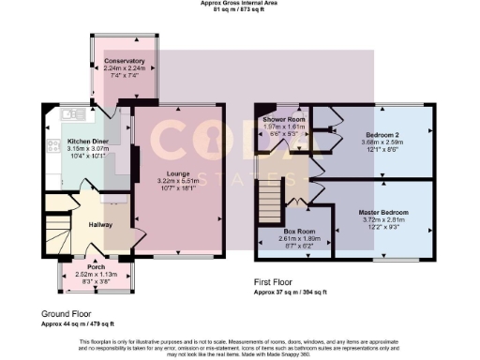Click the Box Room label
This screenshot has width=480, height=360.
click(x=300, y=231)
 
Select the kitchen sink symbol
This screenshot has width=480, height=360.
click(x=68, y=114)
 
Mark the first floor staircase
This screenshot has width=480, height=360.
click(x=270, y=198)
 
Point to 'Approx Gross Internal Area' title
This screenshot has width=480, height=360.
click(x=240, y=3)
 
